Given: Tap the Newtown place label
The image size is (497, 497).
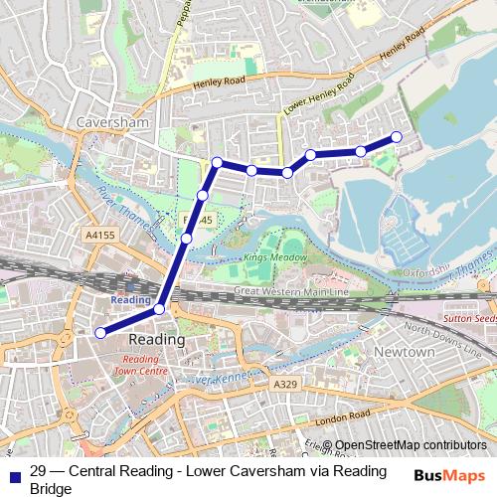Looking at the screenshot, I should (406, 353).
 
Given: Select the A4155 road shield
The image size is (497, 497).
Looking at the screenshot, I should (99, 236).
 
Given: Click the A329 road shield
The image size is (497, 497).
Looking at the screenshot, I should (284, 383).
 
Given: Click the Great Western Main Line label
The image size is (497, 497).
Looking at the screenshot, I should (291, 291).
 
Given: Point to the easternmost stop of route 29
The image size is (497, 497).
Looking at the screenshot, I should (397, 137).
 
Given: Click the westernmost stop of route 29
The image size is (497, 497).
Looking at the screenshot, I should (98, 333).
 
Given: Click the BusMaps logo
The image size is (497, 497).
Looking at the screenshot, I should (449, 475).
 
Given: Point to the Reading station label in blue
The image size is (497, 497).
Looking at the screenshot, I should (130, 299).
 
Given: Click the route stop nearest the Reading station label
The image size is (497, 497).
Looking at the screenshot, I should (160, 310).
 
